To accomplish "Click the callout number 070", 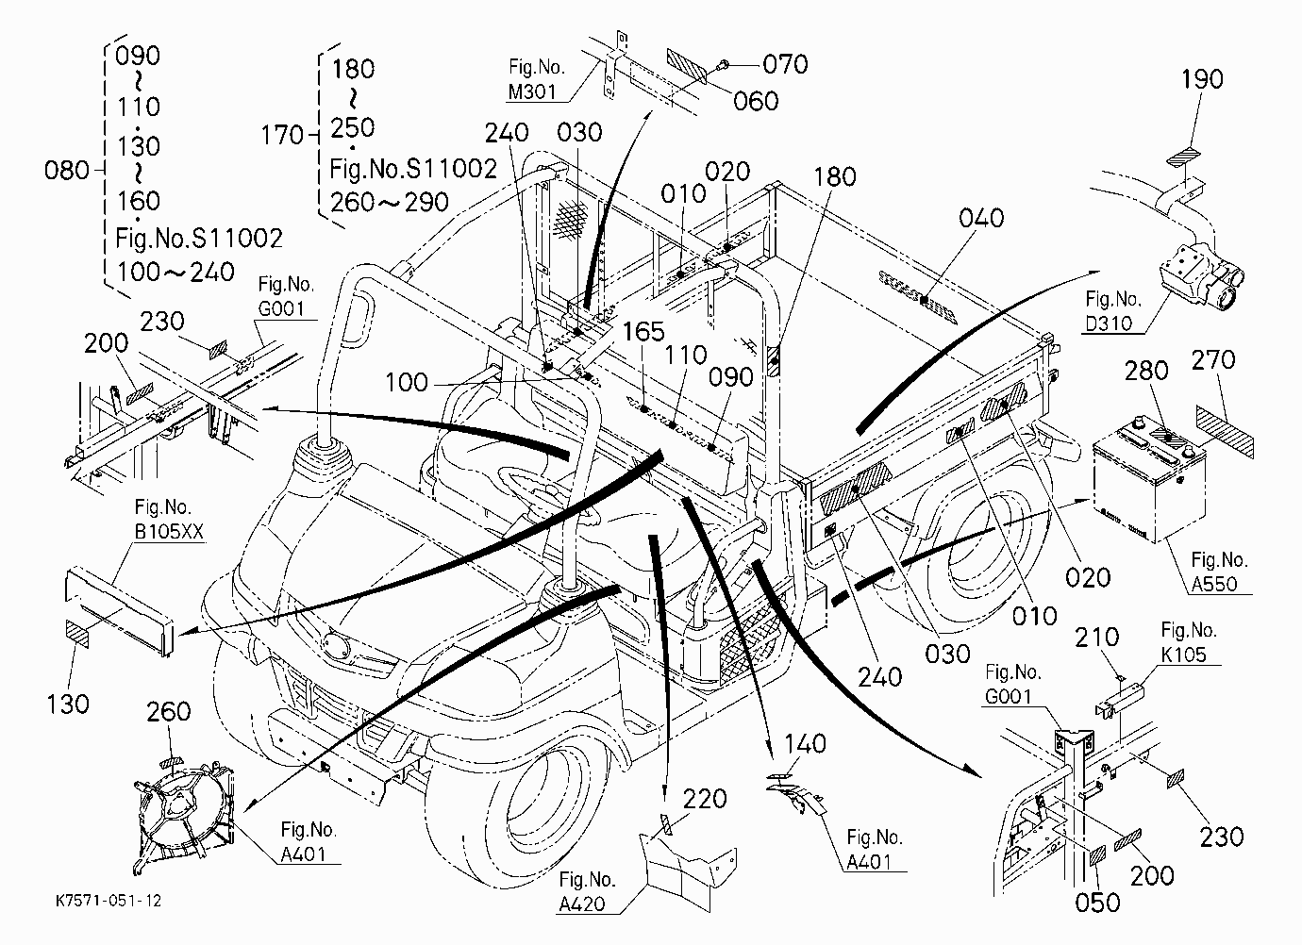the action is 785,64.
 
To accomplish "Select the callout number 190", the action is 1202,79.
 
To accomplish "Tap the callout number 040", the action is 981,218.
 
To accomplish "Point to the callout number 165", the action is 643,332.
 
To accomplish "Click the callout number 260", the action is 169,711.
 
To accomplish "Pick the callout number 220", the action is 705,799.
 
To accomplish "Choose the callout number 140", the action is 805,744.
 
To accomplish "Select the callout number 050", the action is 1097,903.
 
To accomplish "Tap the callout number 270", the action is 1213,360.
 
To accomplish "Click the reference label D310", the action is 1109,323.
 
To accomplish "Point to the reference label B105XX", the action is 169,532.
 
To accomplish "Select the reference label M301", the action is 532,91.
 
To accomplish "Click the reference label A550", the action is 1214,584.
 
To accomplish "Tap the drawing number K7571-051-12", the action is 108,901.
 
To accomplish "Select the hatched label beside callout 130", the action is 77,634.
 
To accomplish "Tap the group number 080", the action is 67,171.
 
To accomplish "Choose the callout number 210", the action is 1097,637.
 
